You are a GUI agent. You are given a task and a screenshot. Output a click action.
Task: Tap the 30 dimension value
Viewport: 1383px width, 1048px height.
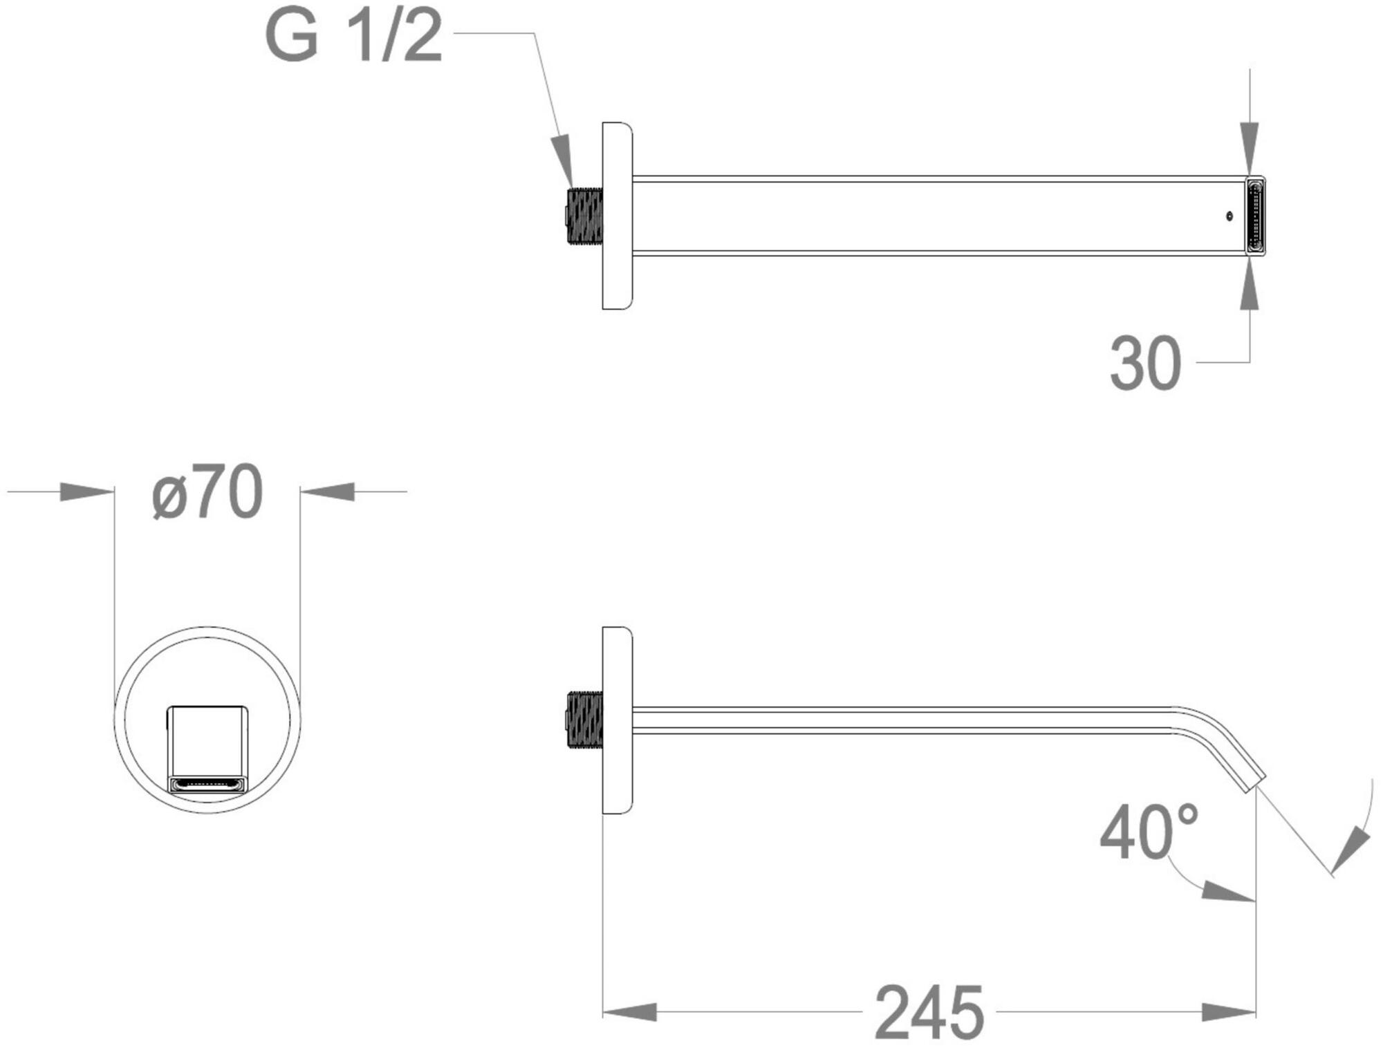[1145, 364]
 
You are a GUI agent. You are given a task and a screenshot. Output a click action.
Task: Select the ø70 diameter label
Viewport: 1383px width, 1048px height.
[207, 492]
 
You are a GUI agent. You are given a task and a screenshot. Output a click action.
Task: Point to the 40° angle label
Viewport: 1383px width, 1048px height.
[1149, 832]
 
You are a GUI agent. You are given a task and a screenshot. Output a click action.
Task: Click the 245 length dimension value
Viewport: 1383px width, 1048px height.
[929, 1013]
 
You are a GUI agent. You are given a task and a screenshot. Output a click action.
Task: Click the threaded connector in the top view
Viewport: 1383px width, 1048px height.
[584, 216]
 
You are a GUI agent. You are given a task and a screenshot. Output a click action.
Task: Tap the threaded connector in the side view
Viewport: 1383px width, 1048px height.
[584, 720]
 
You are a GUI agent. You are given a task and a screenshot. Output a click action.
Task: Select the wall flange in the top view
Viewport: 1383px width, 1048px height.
[618, 216]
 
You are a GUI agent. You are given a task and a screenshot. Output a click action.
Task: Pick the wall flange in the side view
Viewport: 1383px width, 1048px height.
[618, 720]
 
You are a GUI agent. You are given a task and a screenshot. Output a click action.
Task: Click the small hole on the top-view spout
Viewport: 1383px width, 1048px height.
[1229, 216]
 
